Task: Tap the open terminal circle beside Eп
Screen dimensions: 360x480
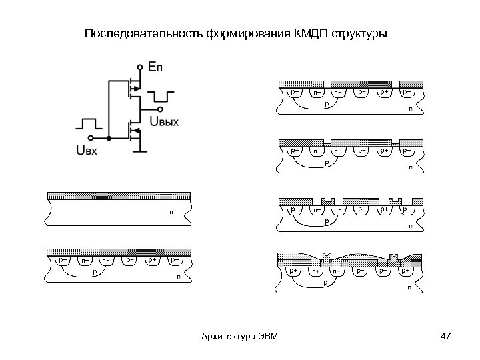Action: pyautogui.click(x=140, y=67)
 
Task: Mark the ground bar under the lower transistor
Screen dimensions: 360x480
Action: pyautogui.click(x=139, y=151)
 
